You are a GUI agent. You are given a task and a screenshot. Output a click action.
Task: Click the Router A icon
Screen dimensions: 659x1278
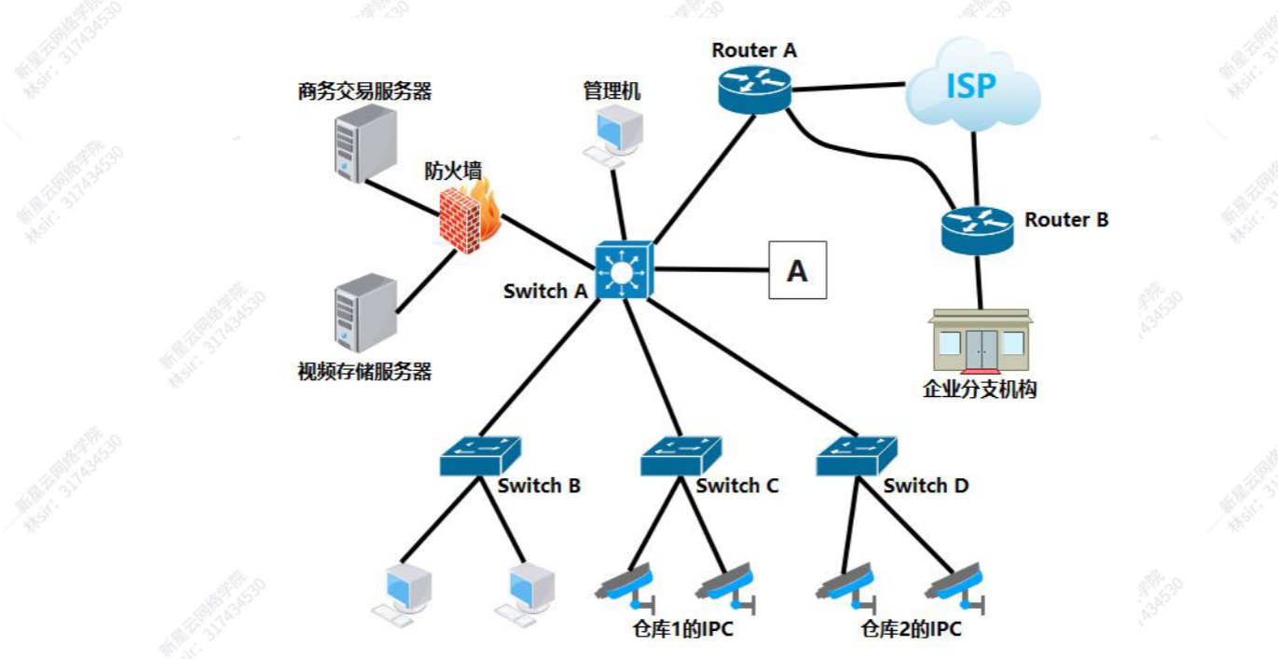pyautogui.click(x=754, y=89)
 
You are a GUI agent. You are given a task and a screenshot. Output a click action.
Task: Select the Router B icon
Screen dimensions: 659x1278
pyautogui.click(x=976, y=229)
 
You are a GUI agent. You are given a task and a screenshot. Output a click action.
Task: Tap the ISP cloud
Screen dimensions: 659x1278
pyautogui.click(x=971, y=87)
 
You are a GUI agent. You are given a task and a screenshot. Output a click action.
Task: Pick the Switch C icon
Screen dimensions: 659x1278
pyautogui.click(x=680, y=455)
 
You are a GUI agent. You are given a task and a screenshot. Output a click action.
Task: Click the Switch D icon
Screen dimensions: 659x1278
pyautogui.click(x=855, y=455)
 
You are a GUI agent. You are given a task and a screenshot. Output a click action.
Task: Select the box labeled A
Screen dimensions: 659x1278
pyautogui.click(x=797, y=270)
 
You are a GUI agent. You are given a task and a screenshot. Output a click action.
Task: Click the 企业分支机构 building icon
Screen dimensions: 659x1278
pyautogui.click(x=980, y=342)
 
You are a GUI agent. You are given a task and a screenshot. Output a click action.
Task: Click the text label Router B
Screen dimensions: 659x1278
pyautogui.click(x=1066, y=220)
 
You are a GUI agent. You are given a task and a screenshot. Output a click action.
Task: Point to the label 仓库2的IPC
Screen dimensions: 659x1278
pyautogui.click(x=911, y=630)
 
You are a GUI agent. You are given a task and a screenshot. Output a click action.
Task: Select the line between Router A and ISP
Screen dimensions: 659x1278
pyautogui.click(x=848, y=88)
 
